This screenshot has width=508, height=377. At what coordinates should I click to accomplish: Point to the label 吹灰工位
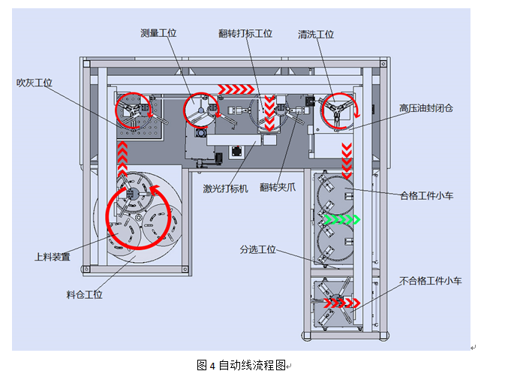pyautogui.click(x=35, y=83)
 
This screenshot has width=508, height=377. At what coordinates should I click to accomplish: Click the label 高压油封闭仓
pyautogui.click(x=426, y=108)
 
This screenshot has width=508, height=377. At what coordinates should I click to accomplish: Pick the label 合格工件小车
pyautogui.click(x=428, y=196)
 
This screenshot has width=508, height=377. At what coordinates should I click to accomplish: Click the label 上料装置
pyautogui.click(x=53, y=257)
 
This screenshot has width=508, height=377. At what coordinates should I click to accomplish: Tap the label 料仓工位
pyautogui.click(x=84, y=294)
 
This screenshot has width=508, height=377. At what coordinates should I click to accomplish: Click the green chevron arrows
pyautogui.click(x=341, y=220)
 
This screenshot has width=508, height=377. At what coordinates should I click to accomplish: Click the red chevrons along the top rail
pyautogui.click(x=237, y=89)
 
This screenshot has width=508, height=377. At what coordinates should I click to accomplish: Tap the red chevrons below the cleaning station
pyautogui.click(x=347, y=156)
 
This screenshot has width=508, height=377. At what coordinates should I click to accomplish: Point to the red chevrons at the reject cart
pyautogui.click(x=341, y=303)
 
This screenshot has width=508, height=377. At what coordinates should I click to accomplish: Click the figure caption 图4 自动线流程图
pyautogui.click(x=242, y=366)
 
